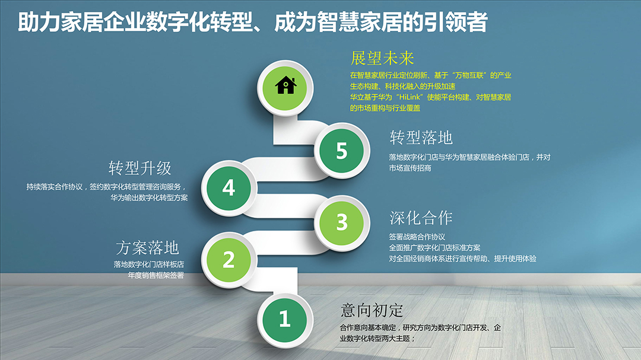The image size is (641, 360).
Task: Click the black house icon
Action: (285, 85)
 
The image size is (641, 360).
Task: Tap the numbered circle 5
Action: (341, 151)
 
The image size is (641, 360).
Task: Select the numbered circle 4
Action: (229, 188)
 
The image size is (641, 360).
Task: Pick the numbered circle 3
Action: (341, 222)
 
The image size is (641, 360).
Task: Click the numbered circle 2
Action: (229, 260)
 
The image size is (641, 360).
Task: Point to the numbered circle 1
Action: (285, 318)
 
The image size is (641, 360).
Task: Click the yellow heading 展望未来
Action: (382, 59)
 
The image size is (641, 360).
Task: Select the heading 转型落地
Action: (421, 138)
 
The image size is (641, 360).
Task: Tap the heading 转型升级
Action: (140, 168)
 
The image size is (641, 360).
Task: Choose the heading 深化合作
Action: (421, 218)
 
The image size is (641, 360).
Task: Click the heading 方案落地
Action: (148, 248)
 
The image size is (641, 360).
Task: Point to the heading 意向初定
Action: (372, 311)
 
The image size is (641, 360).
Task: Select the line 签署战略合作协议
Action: (417, 237)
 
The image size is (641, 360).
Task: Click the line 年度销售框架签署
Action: (156, 275)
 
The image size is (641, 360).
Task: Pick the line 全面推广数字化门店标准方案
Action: (434, 248)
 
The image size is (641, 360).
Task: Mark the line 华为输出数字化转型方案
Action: (149, 197)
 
